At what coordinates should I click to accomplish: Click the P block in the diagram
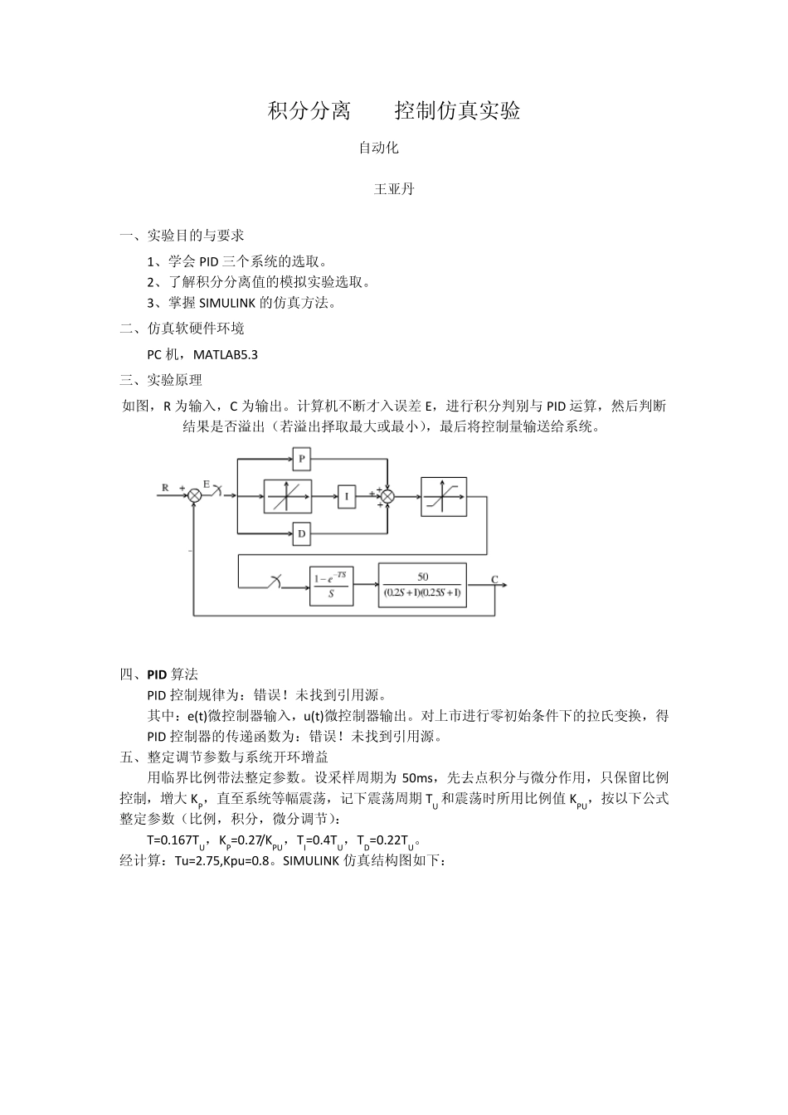coord(301,458)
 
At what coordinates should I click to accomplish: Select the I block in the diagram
coord(347,496)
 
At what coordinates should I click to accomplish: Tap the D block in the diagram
coord(301,534)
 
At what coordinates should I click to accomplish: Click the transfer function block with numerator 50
coord(422,585)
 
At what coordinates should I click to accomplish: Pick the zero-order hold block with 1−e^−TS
coord(331,586)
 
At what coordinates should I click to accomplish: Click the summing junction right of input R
coord(194,495)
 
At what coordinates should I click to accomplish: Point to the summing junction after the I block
coord(387,496)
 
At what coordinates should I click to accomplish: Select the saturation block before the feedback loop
coord(444,496)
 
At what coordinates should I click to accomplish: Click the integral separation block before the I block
coord(288,496)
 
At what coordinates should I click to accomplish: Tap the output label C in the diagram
coord(494,579)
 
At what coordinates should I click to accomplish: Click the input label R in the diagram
coord(165,488)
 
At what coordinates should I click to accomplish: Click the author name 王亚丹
coord(394,189)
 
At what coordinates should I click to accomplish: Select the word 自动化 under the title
coord(378,149)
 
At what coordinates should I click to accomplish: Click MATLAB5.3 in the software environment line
coord(226,355)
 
